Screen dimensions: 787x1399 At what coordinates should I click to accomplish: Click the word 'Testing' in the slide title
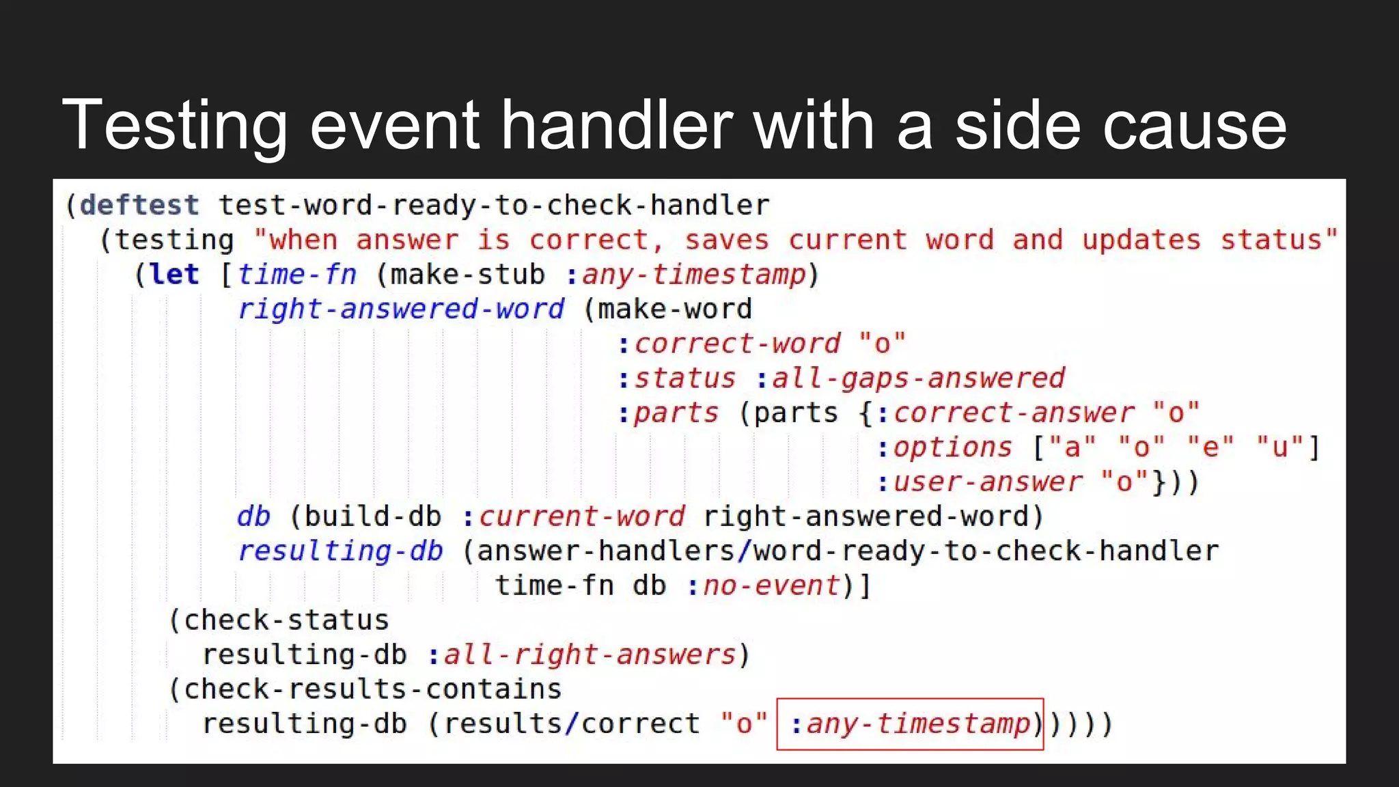coord(175,126)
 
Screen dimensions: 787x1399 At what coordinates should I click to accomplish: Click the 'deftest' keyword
coord(139,206)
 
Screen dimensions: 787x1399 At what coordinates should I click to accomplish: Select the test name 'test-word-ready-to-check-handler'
coord(494,206)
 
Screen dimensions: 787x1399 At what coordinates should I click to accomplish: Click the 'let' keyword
coord(174,275)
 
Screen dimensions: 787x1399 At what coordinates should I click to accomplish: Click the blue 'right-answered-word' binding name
coord(401,309)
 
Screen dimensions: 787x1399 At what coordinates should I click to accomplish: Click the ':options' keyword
coord(944,447)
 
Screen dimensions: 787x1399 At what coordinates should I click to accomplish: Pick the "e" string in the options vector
coord(1210,447)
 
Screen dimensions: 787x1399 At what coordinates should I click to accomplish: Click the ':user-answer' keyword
coord(979,482)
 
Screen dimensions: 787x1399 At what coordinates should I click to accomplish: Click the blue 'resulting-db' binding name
coord(340,551)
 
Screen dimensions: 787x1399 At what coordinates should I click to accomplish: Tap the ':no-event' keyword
coord(763,585)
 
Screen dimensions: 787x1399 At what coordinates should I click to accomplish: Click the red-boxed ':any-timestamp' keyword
coord(911,723)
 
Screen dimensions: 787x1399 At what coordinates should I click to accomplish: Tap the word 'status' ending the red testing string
coord(1271,240)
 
